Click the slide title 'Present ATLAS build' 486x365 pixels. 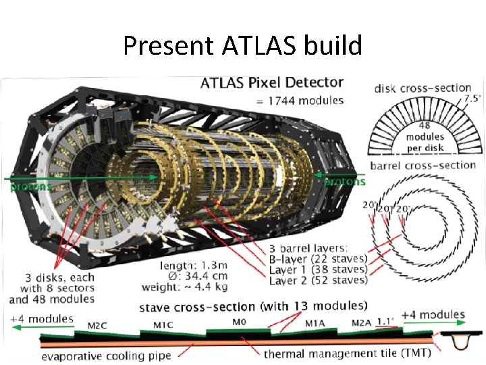tap(242, 46)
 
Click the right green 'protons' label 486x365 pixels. tap(345, 182)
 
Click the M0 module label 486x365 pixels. tap(239, 322)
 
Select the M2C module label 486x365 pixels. tap(99, 325)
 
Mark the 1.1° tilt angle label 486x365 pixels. tap(385, 322)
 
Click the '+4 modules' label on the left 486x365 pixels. tap(42, 318)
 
